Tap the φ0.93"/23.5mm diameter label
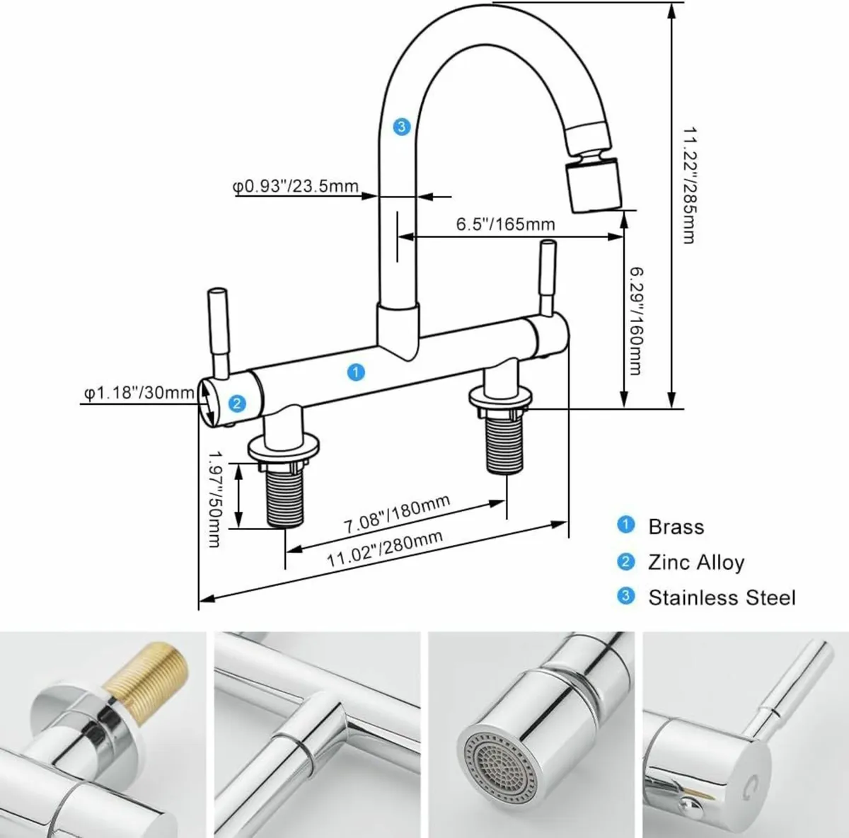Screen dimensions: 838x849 tap(296, 187)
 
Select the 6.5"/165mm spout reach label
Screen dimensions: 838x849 tap(504, 224)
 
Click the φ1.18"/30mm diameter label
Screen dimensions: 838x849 tap(139, 392)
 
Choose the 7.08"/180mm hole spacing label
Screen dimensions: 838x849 tap(397, 516)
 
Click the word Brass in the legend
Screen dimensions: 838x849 tap(676, 527)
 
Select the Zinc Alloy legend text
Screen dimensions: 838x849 tap(695, 562)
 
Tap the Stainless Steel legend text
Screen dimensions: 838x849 tap(722, 597)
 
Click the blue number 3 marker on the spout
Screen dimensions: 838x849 tap(401, 127)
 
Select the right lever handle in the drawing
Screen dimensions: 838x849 tap(546, 277)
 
